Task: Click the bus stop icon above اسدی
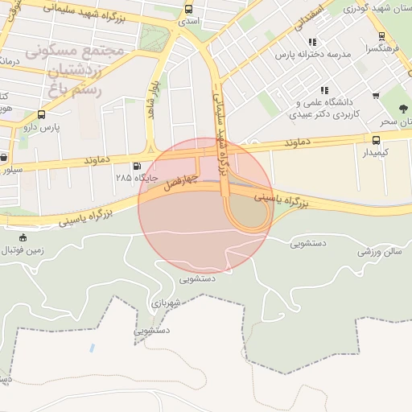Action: pos(188,10)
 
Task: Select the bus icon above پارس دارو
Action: pos(41,115)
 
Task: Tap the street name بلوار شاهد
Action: pos(151,101)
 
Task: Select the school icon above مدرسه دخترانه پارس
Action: pos(312,42)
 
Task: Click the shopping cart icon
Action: pos(376,96)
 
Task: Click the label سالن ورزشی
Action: pos(380,251)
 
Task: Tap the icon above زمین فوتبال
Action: pos(23,237)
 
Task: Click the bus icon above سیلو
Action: pos(3,158)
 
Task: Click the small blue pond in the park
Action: pos(91,348)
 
